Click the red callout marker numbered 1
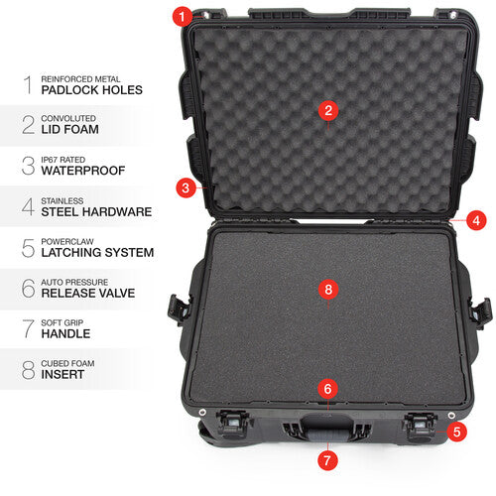pos(180,16)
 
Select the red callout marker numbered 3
pos(185,186)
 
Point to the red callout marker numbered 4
pos(477,220)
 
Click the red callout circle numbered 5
pos(457,432)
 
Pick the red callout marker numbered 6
pos(328,390)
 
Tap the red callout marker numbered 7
pos(328,460)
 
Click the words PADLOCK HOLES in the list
pos(92,89)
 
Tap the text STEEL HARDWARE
pos(96,211)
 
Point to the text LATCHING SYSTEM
pos(97,252)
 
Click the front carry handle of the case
pos(327,430)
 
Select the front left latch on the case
pos(234,424)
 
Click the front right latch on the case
pos(420,424)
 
